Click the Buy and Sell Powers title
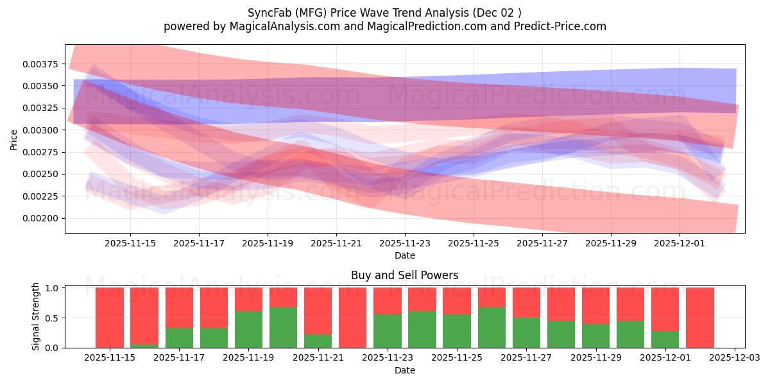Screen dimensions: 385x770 point(404,275)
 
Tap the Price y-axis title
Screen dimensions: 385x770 point(13,139)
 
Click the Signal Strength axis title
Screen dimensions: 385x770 point(36,316)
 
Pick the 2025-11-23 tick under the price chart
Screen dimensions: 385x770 point(404,243)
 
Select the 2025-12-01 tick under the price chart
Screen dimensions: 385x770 point(680,243)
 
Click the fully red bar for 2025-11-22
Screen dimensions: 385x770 point(352,318)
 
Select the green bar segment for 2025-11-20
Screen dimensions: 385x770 point(283,327)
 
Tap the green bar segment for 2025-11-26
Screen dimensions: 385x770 point(492,327)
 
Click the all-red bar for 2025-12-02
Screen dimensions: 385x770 point(699,318)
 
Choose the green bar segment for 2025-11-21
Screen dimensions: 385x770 point(318,341)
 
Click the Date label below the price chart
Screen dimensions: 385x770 point(404,255)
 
